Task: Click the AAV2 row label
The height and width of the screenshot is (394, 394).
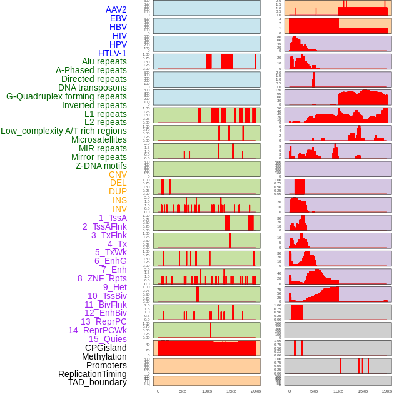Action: pos(116,9)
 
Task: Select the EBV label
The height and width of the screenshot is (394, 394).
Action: pos(118,18)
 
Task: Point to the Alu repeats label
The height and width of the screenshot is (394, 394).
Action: pos(104,61)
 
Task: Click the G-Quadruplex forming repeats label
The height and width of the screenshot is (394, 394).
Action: pos(66,96)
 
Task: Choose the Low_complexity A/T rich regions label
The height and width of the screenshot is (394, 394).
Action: pos(64,131)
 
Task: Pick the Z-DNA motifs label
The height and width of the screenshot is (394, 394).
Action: pos(101,166)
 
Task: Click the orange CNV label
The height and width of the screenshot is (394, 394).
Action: pos(118,174)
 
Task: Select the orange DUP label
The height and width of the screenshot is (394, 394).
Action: pos(118,191)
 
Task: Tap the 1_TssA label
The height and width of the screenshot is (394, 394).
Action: pos(113,218)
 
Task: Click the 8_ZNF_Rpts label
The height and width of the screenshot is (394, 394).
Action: pos(102,278)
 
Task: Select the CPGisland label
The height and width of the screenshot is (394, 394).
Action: pos(106,348)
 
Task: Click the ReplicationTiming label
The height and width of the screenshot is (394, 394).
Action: pos(93,374)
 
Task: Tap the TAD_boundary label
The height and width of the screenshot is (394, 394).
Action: pos(98,382)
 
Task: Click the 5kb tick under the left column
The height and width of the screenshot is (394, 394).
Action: pos(183,391)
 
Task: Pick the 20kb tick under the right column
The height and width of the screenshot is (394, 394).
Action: pos(387,391)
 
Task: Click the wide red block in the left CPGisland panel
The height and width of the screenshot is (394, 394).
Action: pos(206,348)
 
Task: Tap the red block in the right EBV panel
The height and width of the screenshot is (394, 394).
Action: pos(313,26)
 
